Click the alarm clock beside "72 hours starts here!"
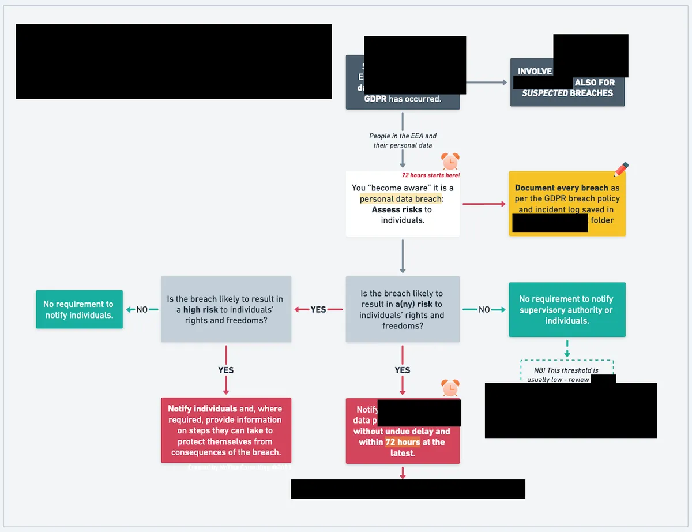tap(450, 162)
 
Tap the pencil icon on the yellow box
tap(620, 170)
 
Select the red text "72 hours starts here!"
tap(431, 175)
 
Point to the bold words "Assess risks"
tap(397, 209)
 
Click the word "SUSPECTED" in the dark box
tap(545, 93)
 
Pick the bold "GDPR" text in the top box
tap(375, 99)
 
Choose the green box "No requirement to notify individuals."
tap(79, 309)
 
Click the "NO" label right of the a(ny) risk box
tap(484, 310)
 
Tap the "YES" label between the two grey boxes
tap(318, 310)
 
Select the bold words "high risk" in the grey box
tap(200, 310)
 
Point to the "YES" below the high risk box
tap(225, 370)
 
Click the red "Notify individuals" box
tap(225, 430)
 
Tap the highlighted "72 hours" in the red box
tap(403, 442)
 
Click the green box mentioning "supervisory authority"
tap(566, 309)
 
